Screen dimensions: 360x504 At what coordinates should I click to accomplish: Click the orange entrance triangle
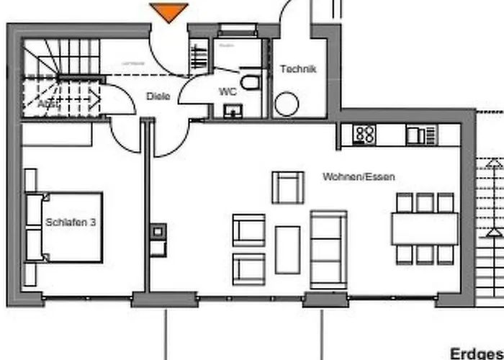click(x=169, y=12)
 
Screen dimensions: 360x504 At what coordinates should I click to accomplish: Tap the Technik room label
click(x=297, y=70)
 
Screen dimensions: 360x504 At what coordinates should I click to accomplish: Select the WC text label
click(x=228, y=92)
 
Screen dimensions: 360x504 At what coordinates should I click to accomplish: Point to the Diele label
click(x=158, y=96)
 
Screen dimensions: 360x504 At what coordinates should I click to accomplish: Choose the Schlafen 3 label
click(x=71, y=222)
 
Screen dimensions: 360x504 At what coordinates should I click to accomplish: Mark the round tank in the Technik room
click(x=286, y=104)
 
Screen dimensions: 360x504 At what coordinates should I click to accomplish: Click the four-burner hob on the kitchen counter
click(x=365, y=134)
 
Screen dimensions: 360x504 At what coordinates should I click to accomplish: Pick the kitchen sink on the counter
click(x=418, y=135)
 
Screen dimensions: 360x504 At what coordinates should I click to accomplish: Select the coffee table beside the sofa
click(x=288, y=249)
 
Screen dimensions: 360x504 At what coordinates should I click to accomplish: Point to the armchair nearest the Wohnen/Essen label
click(x=288, y=187)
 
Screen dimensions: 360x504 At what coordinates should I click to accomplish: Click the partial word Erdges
click(x=476, y=353)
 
